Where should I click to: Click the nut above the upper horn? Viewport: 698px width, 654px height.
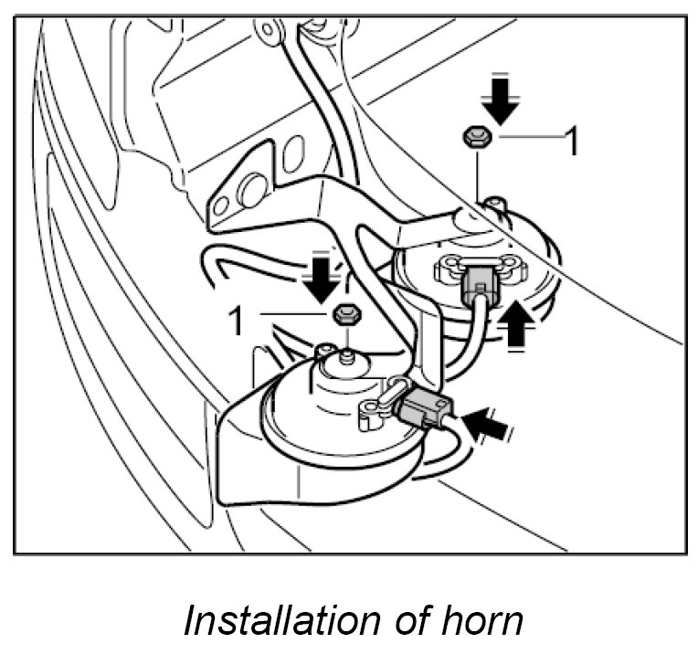pos(476,138)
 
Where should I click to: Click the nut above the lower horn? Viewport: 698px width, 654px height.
pos(344,315)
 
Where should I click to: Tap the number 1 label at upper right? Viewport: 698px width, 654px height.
pos(573,142)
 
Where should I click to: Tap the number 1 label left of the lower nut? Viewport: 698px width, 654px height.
pos(237,320)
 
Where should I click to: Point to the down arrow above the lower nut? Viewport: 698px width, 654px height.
pos(321,277)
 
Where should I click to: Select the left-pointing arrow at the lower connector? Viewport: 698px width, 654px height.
pos(488,423)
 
